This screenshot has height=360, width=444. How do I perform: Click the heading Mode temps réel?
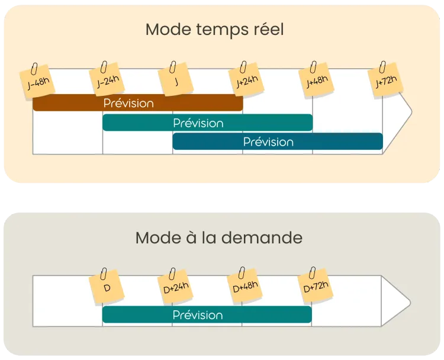[214, 30]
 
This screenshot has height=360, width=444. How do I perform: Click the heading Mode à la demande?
[218, 238]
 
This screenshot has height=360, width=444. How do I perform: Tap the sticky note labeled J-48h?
[38, 83]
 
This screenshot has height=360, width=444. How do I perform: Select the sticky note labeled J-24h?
[108, 82]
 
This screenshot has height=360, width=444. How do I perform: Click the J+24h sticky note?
[246, 81]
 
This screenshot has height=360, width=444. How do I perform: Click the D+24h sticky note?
[176, 288]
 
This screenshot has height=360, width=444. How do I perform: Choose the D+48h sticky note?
[245, 288]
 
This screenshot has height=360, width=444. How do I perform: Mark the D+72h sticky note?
[315, 288]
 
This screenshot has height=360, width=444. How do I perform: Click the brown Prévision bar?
[137, 103]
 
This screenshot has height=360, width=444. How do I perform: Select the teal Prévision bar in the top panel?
[207, 123]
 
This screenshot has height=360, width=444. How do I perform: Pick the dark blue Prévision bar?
[277, 142]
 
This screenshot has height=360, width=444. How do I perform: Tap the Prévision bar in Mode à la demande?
[207, 315]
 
